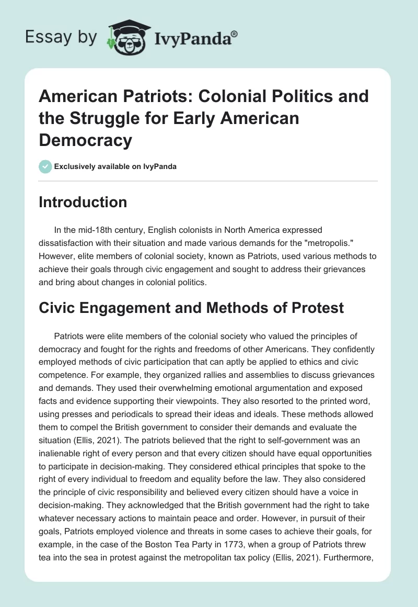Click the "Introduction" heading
pyautogui.click(x=83, y=202)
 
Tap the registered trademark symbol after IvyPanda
pyautogui.click(x=235, y=33)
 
